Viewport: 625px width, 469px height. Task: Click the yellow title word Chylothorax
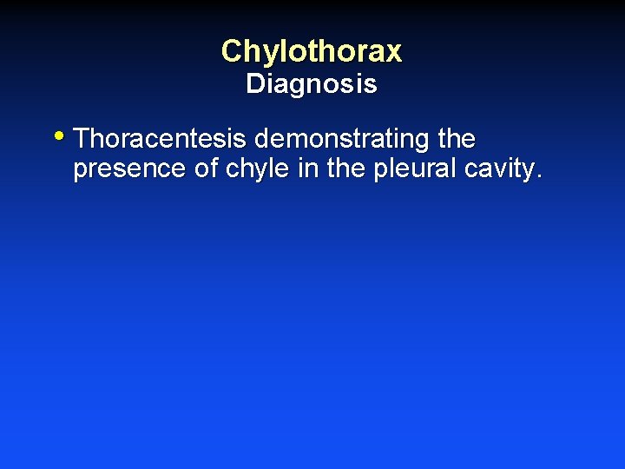point(312,51)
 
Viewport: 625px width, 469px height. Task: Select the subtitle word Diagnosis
point(312,84)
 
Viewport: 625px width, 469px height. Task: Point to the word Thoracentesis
point(161,139)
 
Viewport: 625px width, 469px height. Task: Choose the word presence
point(129,169)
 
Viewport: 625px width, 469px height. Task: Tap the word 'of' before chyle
point(207,169)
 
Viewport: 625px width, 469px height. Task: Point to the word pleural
point(415,169)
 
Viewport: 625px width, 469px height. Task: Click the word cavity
point(499,169)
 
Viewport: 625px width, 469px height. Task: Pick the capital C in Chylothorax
point(232,51)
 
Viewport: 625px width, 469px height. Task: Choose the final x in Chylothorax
point(393,53)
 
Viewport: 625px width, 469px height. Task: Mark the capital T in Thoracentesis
point(83,139)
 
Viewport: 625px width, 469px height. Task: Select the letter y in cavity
point(528,172)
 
